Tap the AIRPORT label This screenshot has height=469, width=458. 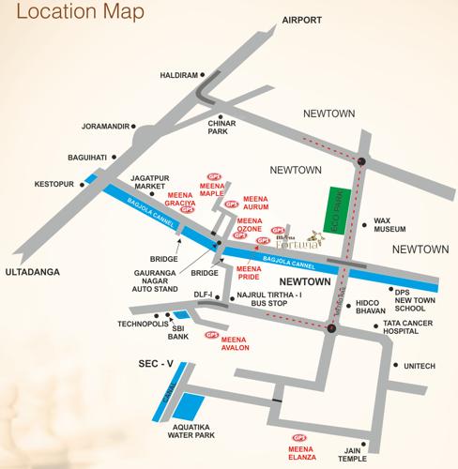(297, 21)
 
